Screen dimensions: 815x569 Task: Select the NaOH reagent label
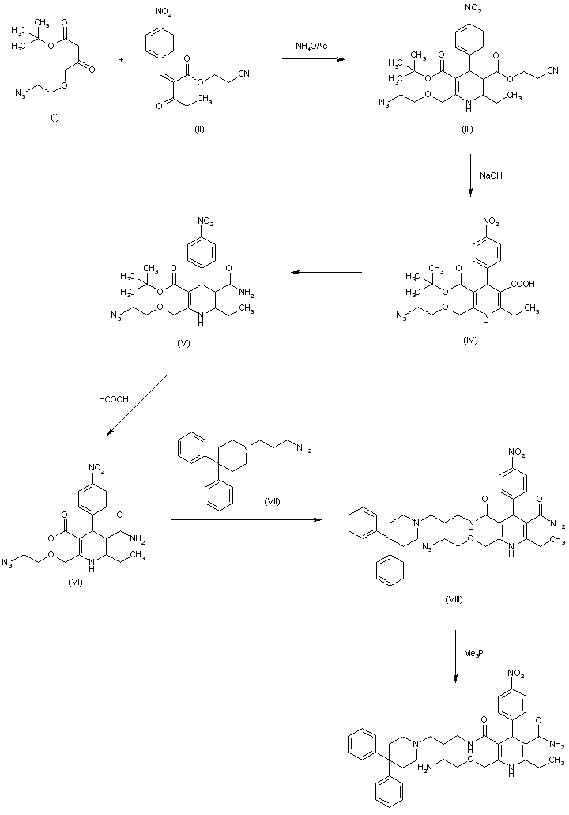click(490, 176)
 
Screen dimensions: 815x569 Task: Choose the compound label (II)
click(199, 129)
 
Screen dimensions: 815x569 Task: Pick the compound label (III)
click(467, 129)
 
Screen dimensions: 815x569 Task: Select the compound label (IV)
click(472, 339)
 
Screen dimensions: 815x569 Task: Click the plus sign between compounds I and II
click(121, 58)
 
